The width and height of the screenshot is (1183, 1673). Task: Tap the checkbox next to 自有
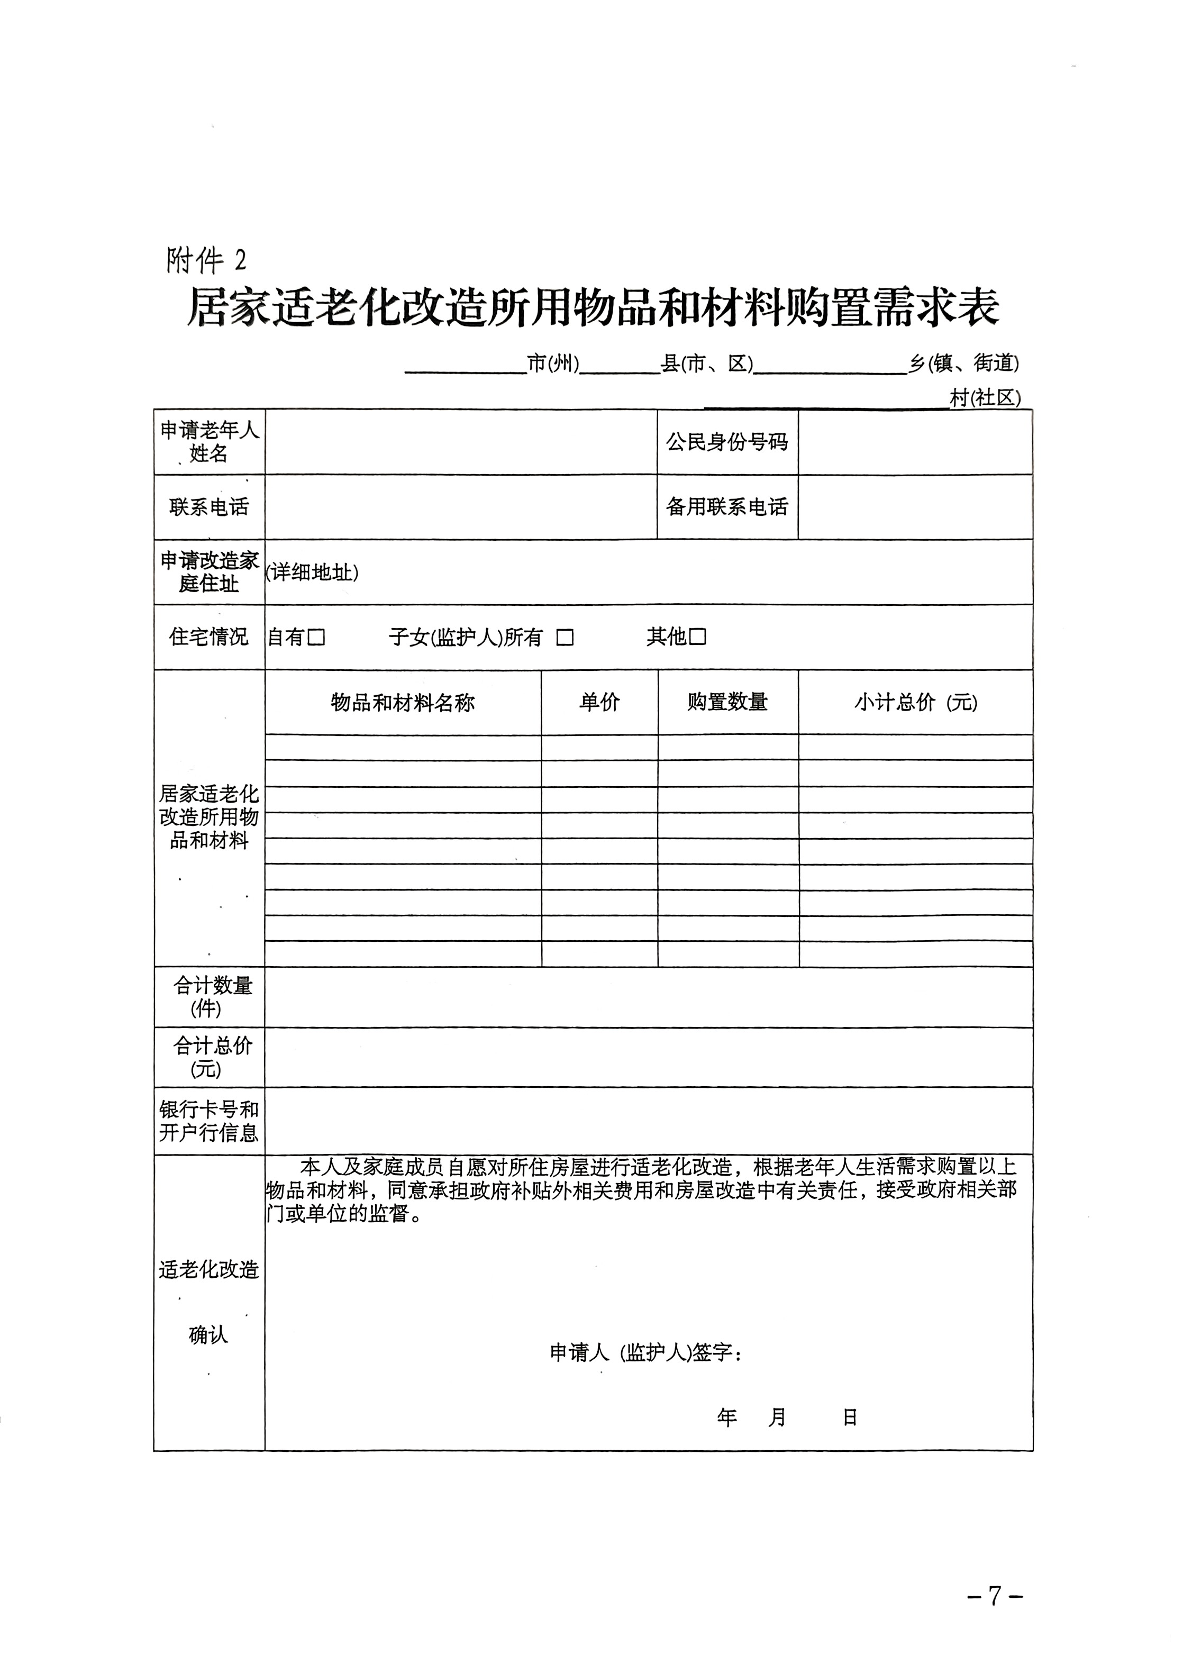click(316, 638)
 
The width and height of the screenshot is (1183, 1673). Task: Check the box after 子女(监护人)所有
click(565, 638)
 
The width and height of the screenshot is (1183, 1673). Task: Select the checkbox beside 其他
click(698, 638)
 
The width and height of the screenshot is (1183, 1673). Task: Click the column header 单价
click(599, 703)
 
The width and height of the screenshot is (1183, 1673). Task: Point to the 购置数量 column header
click(727, 703)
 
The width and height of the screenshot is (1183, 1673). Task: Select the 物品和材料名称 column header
click(402, 703)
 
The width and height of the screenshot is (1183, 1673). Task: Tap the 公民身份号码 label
click(726, 442)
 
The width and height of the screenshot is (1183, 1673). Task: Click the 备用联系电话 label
click(726, 507)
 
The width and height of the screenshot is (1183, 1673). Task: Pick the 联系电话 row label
click(209, 507)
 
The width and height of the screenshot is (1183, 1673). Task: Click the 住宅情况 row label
click(209, 638)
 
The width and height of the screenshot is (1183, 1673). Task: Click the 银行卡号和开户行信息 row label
click(209, 1121)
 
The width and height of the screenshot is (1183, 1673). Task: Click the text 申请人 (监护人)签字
click(645, 1353)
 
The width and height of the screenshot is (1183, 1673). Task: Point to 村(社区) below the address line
click(985, 398)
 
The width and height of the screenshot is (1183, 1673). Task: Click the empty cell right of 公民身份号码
click(915, 442)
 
